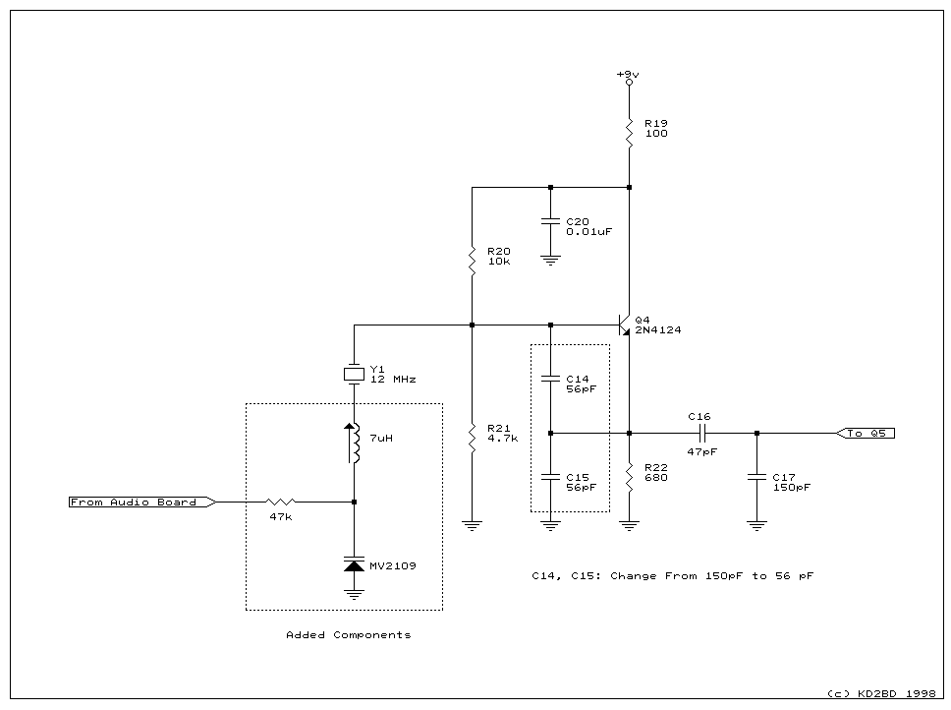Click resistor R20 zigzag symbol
click(472, 261)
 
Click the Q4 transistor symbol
click(623, 325)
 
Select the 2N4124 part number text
click(658, 331)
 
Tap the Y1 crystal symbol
click(354, 374)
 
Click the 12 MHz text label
click(392, 379)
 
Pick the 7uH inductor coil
click(355, 444)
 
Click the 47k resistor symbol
click(281, 502)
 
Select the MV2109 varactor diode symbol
click(354, 565)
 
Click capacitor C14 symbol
click(550, 379)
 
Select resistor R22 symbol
click(629, 477)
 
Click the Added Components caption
click(348, 635)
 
